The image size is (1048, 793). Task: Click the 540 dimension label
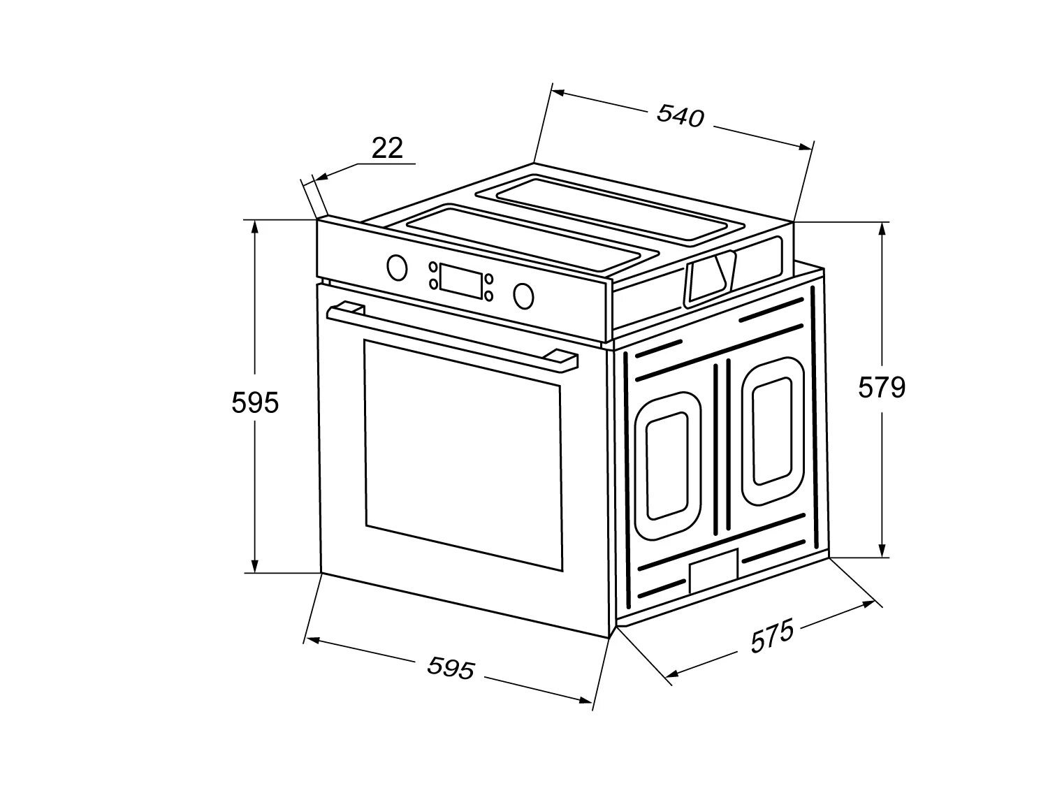(680, 117)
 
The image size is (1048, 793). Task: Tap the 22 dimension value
(387, 148)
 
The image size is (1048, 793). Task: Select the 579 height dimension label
(882, 387)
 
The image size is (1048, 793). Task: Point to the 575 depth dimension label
(772, 636)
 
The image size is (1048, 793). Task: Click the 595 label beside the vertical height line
(255, 402)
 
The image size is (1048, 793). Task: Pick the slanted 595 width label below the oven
(451, 668)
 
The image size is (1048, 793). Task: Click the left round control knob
(397, 267)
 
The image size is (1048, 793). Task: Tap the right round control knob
(523, 295)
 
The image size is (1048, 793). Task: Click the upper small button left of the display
(433, 267)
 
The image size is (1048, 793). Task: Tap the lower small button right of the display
(488, 296)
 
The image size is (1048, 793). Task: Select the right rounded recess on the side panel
(773, 430)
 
